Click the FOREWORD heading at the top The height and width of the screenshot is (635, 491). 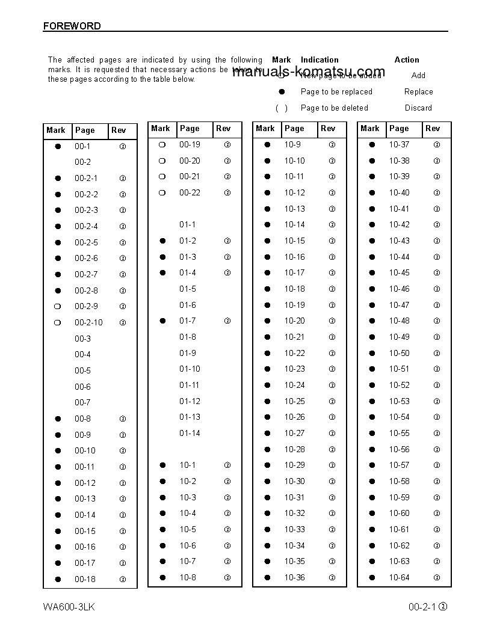[x=72, y=26]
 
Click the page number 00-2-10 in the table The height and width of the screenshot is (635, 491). [x=88, y=323]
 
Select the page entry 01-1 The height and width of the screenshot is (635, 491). [x=187, y=225]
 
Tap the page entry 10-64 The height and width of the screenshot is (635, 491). [x=399, y=578]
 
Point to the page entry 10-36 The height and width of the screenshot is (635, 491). [x=294, y=578]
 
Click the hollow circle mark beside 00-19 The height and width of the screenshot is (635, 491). [x=162, y=145]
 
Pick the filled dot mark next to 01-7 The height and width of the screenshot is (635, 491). [x=162, y=321]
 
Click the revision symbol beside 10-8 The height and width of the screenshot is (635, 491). [x=227, y=578]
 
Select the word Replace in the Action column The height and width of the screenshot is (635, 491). [x=418, y=92]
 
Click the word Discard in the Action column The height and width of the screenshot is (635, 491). [x=418, y=108]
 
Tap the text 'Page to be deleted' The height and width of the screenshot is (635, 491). [x=334, y=108]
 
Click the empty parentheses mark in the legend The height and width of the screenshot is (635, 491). [x=281, y=108]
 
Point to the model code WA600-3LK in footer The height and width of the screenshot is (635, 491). [x=69, y=607]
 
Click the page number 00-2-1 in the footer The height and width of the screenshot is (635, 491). [x=422, y=607]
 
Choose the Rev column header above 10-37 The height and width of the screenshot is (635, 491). [x=433, y=129]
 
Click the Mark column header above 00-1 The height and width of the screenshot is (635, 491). [x=56, y=130]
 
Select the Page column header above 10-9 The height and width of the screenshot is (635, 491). [x=294, y=129]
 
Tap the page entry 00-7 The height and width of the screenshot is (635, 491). [x=82, y=403]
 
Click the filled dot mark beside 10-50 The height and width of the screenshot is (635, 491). [x=372, y=354]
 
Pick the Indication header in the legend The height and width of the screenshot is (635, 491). [x=320, y=60]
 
